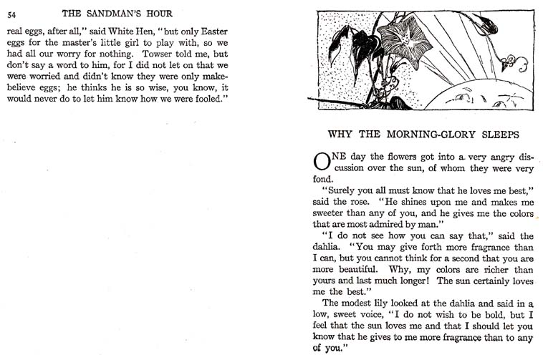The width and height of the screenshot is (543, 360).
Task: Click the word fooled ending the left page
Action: pyautogui.click(x=208, y=97)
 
